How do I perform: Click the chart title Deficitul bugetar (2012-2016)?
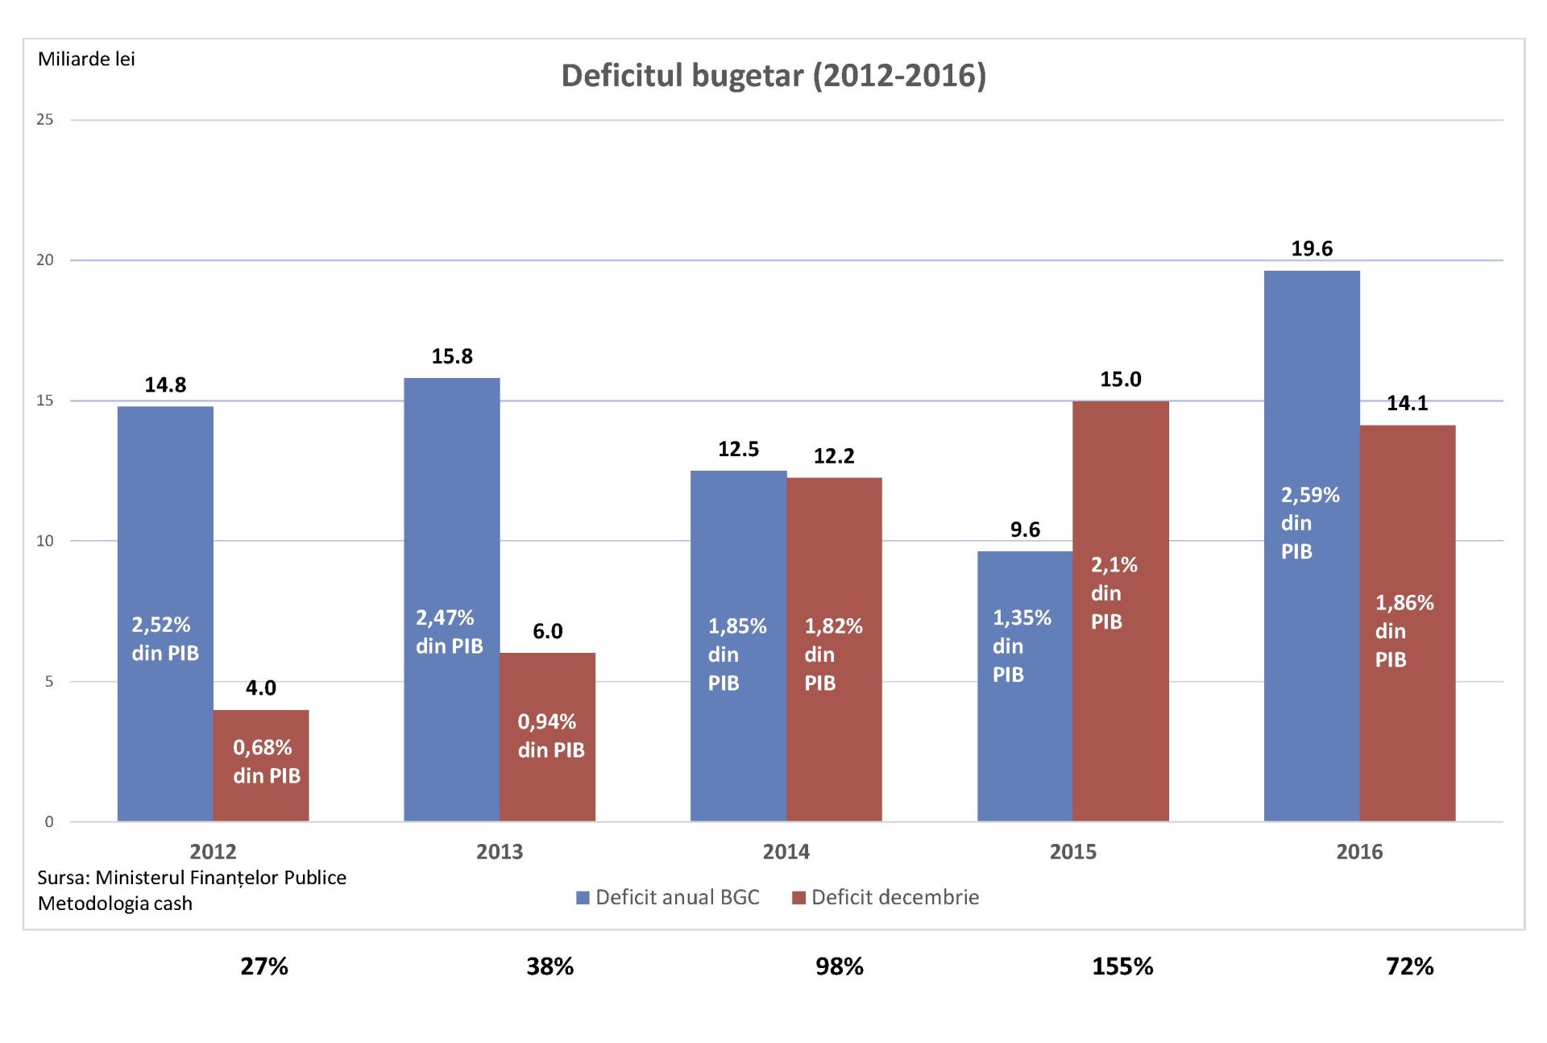pos(773,76)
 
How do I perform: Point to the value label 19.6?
pos(1312,249)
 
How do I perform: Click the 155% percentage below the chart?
pos(1122,966)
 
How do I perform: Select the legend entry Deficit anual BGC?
pos(669,897)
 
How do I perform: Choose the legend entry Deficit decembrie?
pos(886,897)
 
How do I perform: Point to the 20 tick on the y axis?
pos(45,260)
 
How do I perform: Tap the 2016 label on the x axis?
pos(1359,852)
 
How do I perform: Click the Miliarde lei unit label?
pos(86,60)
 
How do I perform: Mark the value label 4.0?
pos(260,688)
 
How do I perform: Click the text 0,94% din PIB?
pos(550,736)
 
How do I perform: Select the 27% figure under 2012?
pos(264,966)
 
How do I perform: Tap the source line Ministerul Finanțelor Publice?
pos(192,878)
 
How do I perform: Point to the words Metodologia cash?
pos(115,904)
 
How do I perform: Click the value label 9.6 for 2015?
pos(1025,530)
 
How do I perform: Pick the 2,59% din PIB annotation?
pos(1309,523)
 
